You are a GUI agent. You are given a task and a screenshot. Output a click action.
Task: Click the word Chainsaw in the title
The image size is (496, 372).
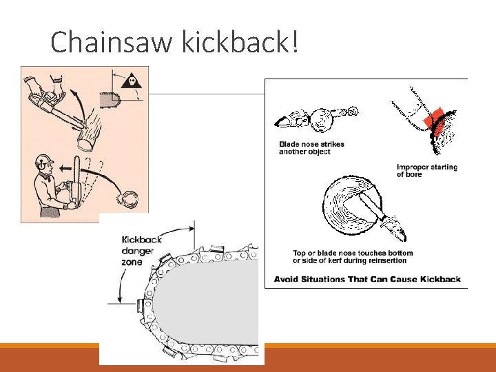(x=112, y=41)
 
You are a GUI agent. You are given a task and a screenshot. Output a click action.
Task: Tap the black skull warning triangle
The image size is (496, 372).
(x=132, y=81)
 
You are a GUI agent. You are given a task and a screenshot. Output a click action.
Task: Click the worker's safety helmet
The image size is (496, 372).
(x=44, y=159)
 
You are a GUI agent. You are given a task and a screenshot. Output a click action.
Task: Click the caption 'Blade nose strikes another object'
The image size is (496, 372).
(x=311, y=147)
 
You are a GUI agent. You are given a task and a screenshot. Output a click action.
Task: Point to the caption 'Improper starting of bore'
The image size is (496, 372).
(x=427, y=171)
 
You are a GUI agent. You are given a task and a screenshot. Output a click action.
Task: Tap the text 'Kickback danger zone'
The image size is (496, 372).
(x=141, y=251)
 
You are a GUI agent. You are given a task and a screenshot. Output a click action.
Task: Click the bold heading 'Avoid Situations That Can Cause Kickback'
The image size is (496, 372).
(x=367, y=279)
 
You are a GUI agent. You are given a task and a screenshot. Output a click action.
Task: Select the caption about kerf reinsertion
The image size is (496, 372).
(x=353, y=256)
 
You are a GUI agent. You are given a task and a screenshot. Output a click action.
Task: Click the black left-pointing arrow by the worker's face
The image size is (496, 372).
(x=66, y=169)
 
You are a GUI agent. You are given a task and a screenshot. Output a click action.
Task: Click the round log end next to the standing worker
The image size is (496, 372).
(x=130, y=200)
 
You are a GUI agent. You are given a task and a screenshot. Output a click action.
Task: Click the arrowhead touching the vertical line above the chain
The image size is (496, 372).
(x=191, y=229)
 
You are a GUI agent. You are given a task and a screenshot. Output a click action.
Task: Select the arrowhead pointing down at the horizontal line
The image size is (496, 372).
(x=120, y=300)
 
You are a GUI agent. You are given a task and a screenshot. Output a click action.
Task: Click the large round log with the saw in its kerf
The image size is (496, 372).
(x=353, y=206)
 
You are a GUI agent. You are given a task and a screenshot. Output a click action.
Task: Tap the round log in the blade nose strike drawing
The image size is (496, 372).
(x=322, y=121)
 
